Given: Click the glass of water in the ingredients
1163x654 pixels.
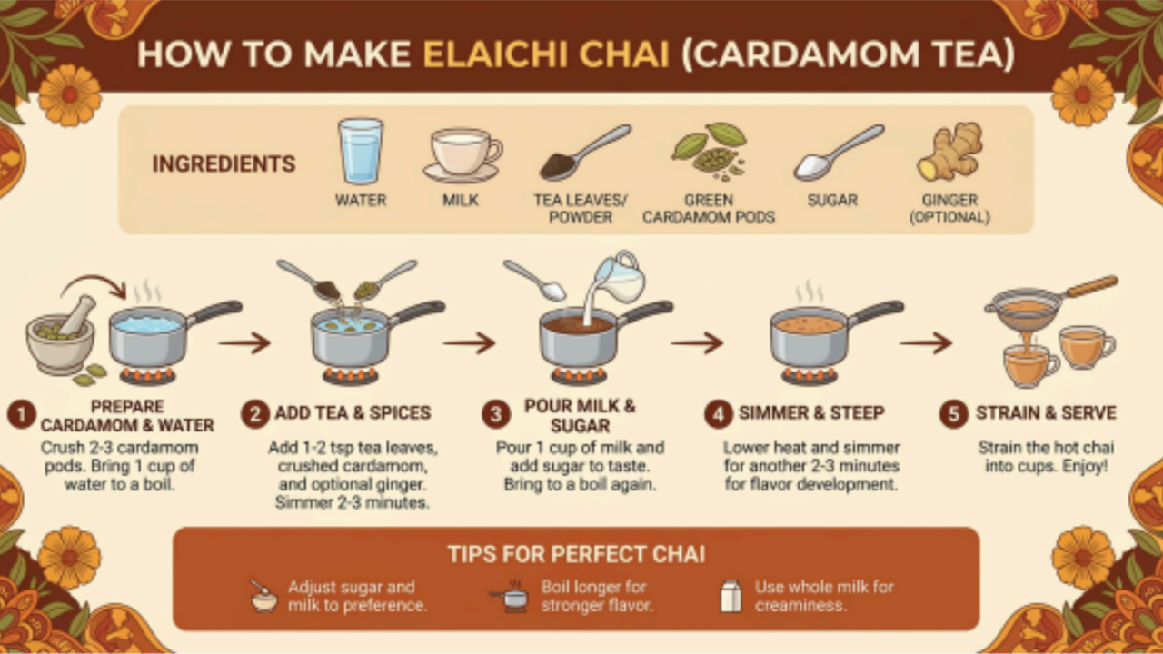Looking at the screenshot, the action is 361,151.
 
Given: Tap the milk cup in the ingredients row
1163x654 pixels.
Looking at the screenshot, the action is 462,155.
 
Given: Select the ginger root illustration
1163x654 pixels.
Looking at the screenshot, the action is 950,151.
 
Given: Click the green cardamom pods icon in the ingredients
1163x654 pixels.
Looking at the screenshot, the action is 710,151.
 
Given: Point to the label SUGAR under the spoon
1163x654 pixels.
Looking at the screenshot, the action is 832,200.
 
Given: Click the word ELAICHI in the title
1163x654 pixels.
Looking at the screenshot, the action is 497,54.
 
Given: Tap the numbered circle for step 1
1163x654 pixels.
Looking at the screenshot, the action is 21,415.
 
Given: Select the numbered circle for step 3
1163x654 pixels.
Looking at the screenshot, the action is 496,414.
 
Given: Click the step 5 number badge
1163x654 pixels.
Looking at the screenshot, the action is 954,414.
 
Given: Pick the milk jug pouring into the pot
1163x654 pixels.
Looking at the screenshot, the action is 618,278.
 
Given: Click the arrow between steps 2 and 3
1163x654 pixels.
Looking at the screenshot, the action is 469,343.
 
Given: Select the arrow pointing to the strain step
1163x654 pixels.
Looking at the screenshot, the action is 926,343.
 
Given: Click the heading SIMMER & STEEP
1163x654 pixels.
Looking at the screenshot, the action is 811,412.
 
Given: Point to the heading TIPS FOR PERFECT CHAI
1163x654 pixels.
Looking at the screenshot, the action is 576,554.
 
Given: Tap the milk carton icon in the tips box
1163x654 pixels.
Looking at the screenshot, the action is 731,596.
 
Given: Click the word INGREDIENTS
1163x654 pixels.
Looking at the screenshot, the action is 224,164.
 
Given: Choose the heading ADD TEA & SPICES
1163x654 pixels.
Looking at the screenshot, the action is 353,412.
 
